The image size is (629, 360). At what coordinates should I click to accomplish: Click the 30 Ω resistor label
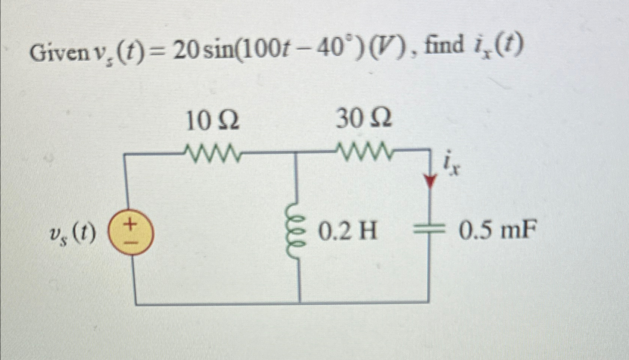click(x=364, y=119)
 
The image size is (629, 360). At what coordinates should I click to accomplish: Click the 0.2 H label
click(x=347, y=232)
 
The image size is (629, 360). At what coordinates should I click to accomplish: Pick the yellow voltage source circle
click(x=130, y=232)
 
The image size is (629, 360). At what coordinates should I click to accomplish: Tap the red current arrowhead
click(x=431, y=182)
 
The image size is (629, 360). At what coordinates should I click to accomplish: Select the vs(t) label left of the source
click(x=73, y=234)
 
